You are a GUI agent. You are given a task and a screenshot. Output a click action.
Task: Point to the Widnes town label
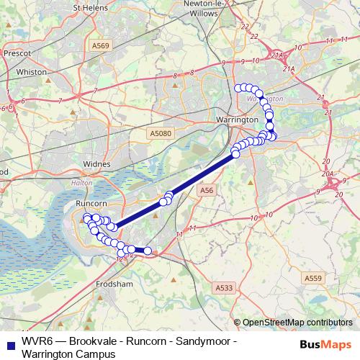[x=97, y=163]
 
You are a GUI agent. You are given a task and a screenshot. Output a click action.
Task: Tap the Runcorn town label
[x=91, y=205]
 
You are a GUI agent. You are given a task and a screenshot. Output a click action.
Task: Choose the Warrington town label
[x=238, y=119]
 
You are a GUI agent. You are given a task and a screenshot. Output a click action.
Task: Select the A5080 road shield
[x=161, y=133]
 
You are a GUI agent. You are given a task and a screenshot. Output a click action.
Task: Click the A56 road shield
[x=207, y=189]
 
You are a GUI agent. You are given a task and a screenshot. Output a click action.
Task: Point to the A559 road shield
[x=312, y=278]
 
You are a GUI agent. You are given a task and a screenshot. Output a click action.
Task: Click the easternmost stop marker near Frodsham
[x=148, y=251]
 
